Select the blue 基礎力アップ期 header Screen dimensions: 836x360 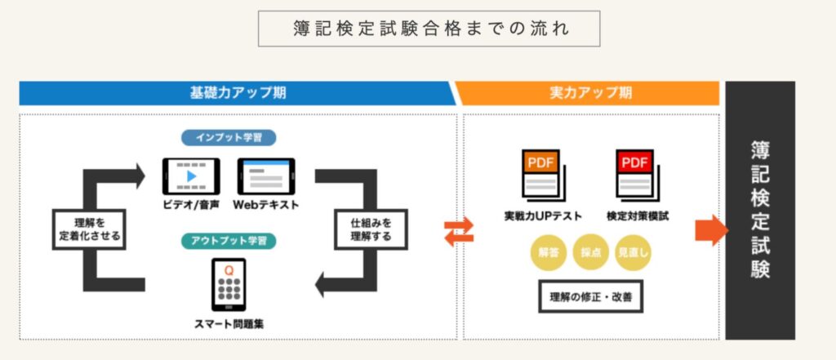click(238, 93)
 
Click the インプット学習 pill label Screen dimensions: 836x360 click(229, 138)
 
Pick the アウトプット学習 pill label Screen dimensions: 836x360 click(229, 241)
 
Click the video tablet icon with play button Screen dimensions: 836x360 click(191, 176)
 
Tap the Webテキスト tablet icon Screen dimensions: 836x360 click(266, 176)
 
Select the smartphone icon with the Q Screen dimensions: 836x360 click(229, 285)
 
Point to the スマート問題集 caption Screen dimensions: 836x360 click(229, 324)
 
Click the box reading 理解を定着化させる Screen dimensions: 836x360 click(89, 229)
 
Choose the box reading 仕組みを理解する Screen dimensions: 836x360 click(371, 229)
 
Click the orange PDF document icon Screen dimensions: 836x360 click(543, 176)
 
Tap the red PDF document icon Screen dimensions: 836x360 click(637, 176)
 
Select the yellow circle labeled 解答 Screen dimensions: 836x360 click(548, 253)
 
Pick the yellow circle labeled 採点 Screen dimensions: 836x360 click(591, 253)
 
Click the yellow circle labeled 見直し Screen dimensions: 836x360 click(633, 253)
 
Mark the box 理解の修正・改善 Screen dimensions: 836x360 click(591, 296)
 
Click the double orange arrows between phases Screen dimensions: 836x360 click(459, 232)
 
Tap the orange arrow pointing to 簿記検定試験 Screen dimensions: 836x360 click(711, 230)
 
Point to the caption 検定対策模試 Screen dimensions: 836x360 click(638, 216)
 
